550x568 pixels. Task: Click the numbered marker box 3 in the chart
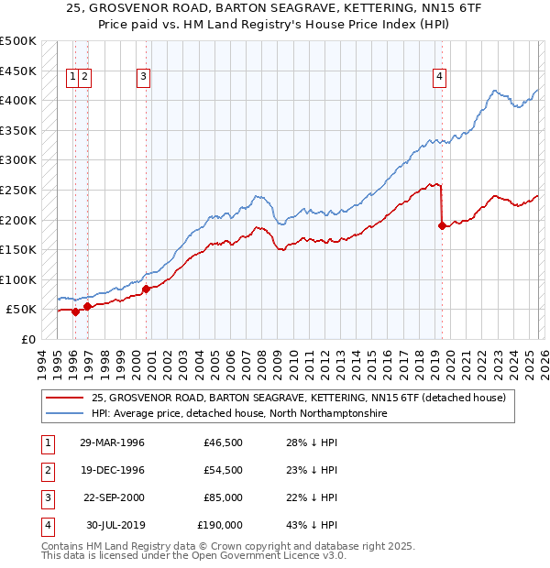click(144, 78)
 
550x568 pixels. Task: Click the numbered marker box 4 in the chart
click(441, 78)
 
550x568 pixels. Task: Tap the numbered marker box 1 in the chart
click(71, 78)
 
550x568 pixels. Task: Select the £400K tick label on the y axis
click(18, 100)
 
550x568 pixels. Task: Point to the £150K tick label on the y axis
click(18, 249)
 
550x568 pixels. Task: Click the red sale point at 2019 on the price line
click(443, 225)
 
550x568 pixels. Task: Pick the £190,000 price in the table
click(220, 525)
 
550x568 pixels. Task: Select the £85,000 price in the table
click(223, 497)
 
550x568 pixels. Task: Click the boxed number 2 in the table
click(47, 470)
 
